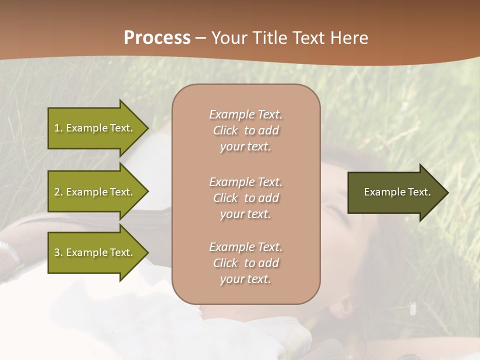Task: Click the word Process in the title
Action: tap(157, 38)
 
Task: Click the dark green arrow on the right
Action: tap(395, 192)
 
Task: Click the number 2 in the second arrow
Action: tap(57, 192)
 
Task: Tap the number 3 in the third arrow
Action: tap(57, 252)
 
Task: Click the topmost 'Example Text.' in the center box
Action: tap(245, 114)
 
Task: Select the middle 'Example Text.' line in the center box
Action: tap(245, 182)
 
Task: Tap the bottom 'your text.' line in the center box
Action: tap(245, 279)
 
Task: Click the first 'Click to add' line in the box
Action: tap(245, 130)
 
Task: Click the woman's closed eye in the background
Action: tap(336, 208)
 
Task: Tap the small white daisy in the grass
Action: tap(412, 308)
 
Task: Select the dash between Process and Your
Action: tap(200, 38)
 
